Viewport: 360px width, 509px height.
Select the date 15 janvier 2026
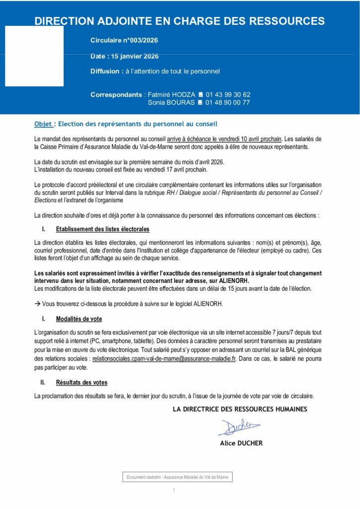[133, 56]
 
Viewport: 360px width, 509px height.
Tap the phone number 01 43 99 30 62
[228, 94]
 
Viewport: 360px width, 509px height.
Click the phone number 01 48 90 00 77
[228, 103]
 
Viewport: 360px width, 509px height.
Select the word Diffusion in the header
[106, 71]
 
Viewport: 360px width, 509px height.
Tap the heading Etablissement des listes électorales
[102, 229]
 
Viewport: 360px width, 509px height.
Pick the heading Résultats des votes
[81, 382]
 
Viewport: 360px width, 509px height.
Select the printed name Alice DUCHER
[241, 443]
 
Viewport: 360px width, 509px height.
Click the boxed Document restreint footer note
[178, 477]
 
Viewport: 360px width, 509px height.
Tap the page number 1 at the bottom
[174, 491]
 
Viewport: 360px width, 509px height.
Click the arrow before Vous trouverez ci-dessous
[37, 303]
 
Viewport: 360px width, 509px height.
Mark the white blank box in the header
[34, 56]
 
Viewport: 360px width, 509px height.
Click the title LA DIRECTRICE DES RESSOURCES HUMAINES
[240, 409]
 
